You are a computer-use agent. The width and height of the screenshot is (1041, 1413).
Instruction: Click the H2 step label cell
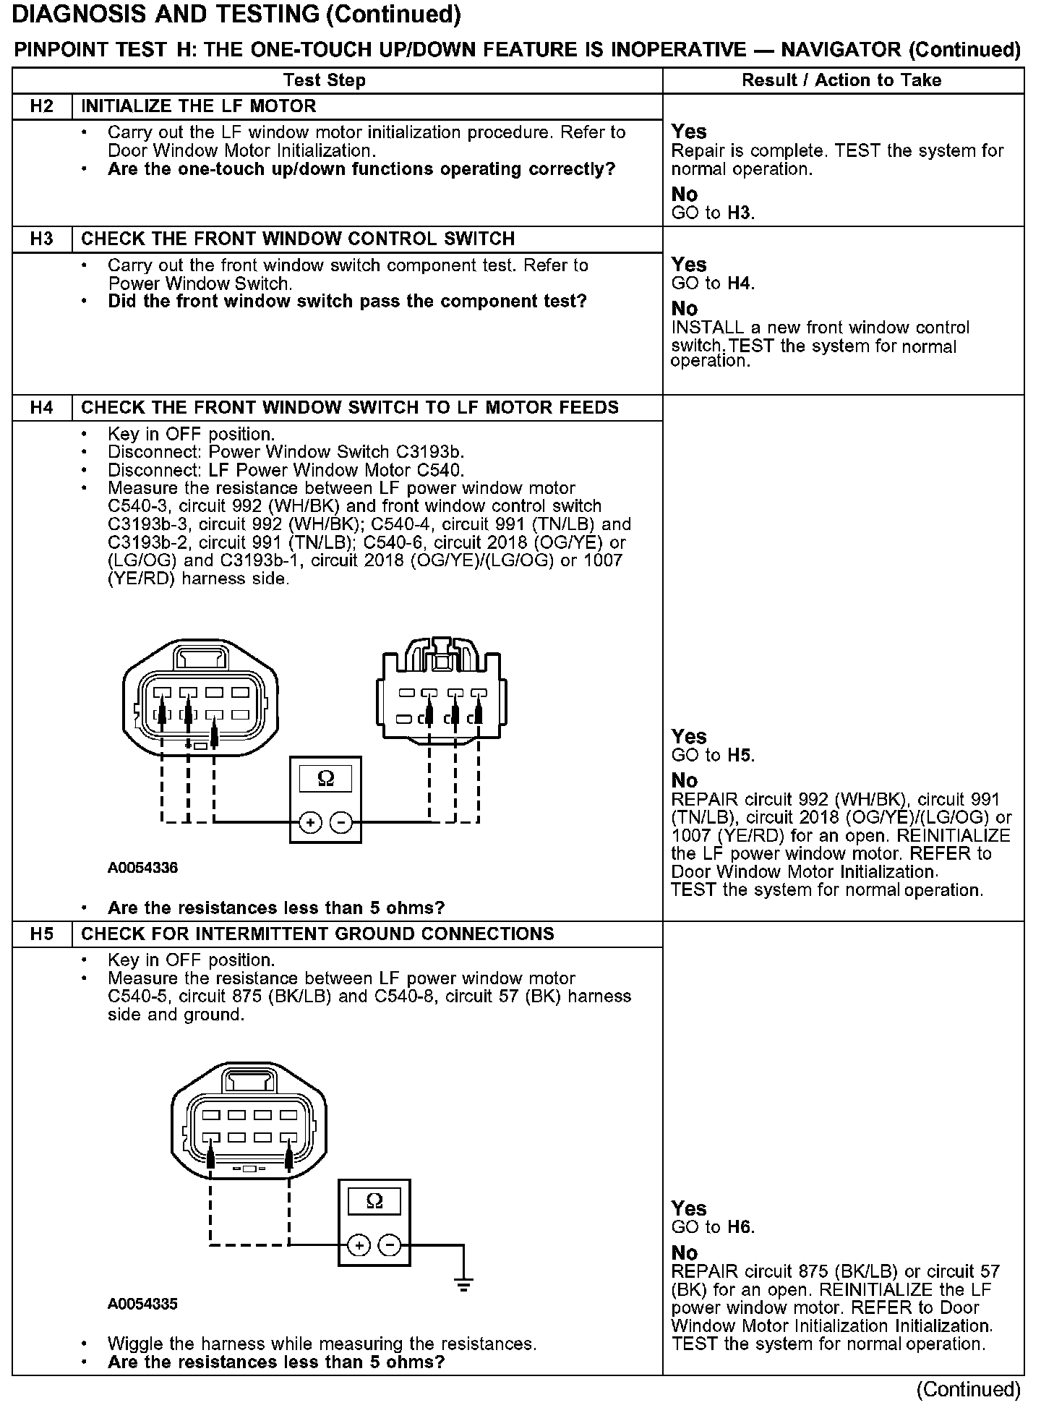(42, 106)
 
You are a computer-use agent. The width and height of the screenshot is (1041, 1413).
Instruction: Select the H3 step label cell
(42, 239)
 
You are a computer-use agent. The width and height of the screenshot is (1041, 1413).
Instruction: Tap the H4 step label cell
(42, 408)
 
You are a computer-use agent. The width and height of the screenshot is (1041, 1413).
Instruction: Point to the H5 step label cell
(42, 934)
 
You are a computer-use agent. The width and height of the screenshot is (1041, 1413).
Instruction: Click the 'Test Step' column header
(325, 80)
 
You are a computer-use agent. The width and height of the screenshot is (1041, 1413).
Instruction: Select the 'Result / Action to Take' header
(841, 80)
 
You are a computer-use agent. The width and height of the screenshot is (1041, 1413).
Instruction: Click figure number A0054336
(142, 868)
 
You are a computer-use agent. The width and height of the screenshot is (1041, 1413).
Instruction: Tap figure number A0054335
(142, 1305)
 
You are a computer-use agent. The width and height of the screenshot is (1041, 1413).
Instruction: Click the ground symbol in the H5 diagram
(463, 1286)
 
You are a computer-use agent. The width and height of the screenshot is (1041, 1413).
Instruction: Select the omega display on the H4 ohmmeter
(325, 779)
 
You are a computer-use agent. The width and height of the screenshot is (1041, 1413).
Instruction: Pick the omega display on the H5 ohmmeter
(374, 1202)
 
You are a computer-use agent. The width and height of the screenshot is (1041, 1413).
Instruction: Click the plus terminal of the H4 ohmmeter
(310, 823)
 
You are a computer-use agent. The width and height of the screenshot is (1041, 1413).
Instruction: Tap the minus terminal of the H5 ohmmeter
(390, 1245)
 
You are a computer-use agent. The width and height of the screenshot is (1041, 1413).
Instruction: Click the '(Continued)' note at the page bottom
(968, 1389)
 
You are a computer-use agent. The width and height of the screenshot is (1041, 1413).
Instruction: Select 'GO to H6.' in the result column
(713, 1227)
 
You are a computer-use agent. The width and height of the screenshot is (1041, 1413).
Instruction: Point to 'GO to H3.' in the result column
(713, 213)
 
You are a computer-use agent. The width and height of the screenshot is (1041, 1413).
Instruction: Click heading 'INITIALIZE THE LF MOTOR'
(199, 106)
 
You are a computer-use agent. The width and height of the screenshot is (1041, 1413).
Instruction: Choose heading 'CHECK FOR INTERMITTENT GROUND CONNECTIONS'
(317, 934)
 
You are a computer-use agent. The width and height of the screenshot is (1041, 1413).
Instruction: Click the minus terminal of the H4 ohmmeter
(341, 823)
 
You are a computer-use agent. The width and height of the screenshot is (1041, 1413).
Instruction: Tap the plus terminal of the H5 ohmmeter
(359, 1245)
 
